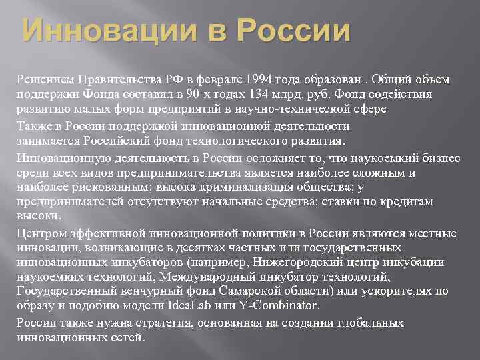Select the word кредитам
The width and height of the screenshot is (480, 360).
pos(405,201)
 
